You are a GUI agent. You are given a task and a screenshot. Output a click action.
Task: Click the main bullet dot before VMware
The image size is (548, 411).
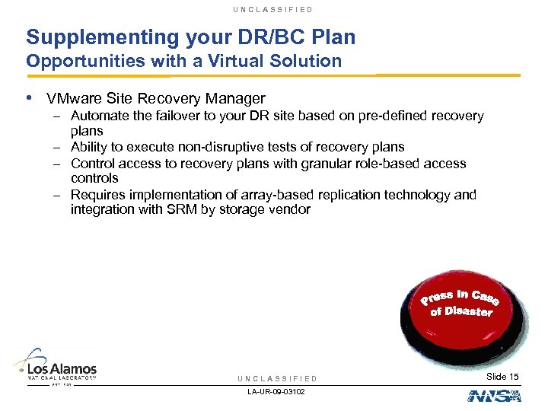[x=29, y=98]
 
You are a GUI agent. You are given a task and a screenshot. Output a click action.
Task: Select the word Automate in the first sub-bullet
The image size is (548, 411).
[x=98, y=116]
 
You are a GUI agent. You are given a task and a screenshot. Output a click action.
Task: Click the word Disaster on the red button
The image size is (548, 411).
[x=470, y=311]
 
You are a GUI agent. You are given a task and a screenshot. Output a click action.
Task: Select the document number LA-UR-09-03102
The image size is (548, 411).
[x=277, y=393]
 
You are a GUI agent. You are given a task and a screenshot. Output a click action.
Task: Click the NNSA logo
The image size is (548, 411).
[x=493, y=394]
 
